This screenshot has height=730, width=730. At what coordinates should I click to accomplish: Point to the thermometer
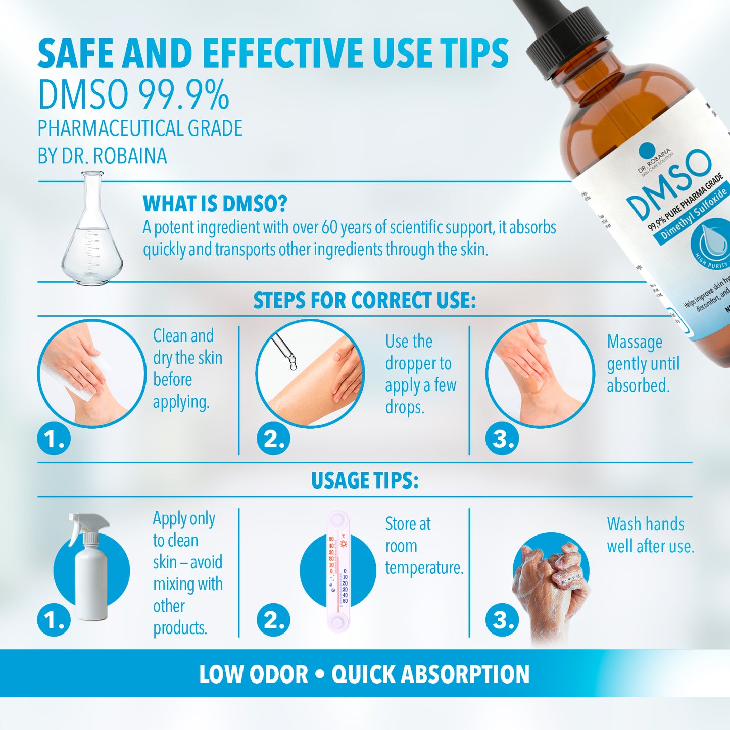[337, 571]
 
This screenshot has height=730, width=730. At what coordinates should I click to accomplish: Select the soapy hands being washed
[551, 586]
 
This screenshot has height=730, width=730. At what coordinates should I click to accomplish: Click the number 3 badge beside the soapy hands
[502, 620]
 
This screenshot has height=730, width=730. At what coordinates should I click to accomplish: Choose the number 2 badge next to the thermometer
[273, 620]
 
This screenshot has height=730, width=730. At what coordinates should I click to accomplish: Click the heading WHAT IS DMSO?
[215, 204]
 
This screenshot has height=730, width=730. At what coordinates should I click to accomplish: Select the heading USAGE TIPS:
[365, 480]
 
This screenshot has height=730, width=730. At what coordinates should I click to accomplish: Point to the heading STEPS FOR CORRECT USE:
[365, 301]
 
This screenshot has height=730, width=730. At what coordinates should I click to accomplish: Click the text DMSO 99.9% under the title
[134, 95]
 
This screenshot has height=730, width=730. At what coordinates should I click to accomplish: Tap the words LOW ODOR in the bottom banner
[253, 674]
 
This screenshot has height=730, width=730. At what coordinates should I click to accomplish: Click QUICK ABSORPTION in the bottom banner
[430, 674]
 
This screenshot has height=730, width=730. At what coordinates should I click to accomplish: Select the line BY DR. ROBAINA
[102, 156]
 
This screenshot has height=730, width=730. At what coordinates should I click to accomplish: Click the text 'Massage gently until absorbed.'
[643, 364]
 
